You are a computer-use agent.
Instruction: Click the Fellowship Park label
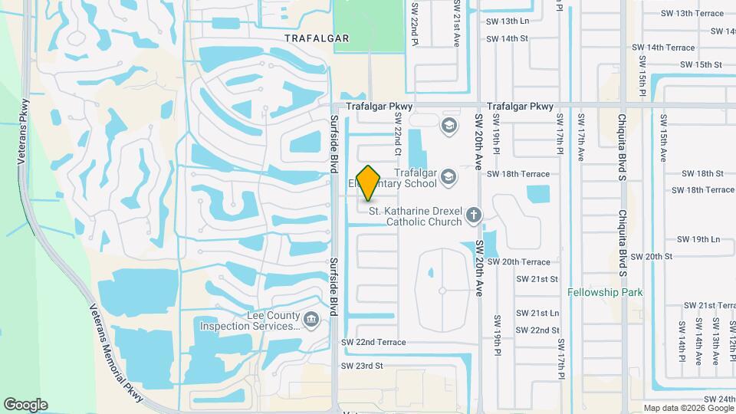[605, 293]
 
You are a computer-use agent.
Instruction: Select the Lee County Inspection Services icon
[311, 320]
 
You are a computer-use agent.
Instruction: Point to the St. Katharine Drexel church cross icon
[474, 215]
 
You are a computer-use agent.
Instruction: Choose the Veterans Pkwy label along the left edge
[23, 131]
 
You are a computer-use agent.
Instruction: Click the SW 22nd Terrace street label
[373, 342]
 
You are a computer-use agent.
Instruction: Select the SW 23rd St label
[362, 366]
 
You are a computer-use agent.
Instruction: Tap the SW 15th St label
[701, 65]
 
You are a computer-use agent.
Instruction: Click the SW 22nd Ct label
[398, 132]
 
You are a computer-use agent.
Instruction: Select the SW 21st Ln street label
[537, 314]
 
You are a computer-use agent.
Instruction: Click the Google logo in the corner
[25, 405]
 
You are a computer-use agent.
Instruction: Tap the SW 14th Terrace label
[663, 48]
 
